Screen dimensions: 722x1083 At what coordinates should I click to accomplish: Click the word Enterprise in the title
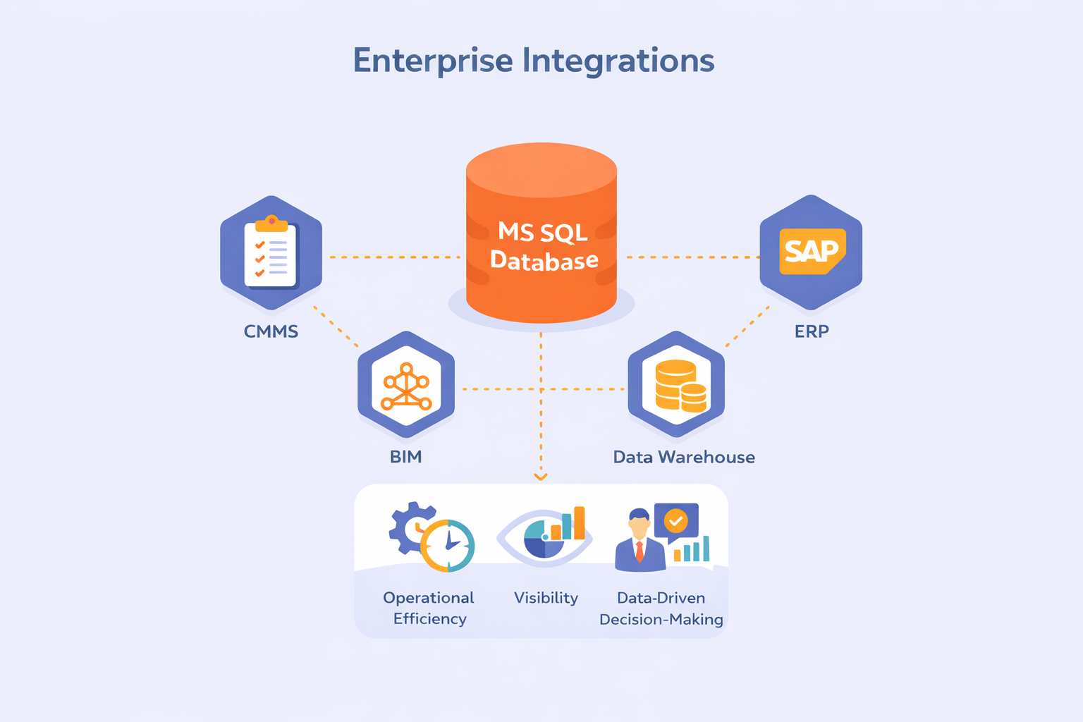(432, 61)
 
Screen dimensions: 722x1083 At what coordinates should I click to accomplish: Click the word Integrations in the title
(618, 61)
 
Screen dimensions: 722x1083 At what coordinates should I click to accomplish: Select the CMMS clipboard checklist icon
(271, 252)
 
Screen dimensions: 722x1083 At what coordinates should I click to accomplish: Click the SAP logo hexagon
(811, 252)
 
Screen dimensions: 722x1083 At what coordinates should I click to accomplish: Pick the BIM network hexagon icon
(406, 386)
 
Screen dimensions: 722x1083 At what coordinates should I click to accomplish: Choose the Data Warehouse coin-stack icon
(677, 386)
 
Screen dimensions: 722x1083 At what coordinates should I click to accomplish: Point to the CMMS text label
(271, 331)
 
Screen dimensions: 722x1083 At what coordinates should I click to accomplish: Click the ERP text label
(812, 331)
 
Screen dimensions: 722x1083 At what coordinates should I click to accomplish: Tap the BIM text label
(406, 457)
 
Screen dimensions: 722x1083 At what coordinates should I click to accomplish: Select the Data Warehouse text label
(684, 457)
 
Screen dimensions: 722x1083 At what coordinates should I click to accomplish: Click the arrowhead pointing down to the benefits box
(541, 477)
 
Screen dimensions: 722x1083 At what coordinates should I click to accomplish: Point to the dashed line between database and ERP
(691, 257)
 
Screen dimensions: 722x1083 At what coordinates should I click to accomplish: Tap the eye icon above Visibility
(544, 537)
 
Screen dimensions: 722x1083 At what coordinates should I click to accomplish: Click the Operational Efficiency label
(429, 608)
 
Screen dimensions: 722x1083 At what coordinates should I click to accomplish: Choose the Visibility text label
(546, 598)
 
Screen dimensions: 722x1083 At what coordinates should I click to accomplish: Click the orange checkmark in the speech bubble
(676, 521)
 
